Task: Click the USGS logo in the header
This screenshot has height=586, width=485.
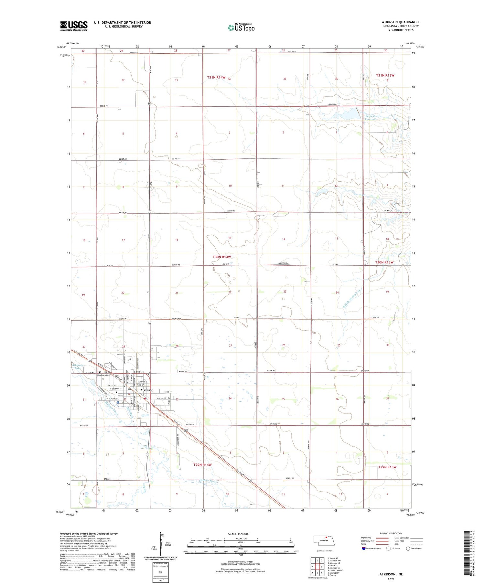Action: point(74,26)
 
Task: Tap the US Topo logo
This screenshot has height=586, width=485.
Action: point(241,28)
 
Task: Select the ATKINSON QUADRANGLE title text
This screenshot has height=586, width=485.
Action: point(401,22)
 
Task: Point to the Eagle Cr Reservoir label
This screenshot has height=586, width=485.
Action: point(371,118)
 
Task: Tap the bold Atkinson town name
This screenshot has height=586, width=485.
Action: point(147,390)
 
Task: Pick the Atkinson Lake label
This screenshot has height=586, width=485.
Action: point(77,367)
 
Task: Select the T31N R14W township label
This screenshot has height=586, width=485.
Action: point(216,77)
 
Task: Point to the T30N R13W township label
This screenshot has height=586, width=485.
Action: point(384,262)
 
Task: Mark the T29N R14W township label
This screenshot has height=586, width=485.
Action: point(202,464)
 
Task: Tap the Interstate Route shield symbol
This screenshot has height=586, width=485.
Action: point(363,549)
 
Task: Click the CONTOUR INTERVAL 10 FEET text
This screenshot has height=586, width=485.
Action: point(241,562)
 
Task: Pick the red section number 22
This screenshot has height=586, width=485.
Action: point(230,292)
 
